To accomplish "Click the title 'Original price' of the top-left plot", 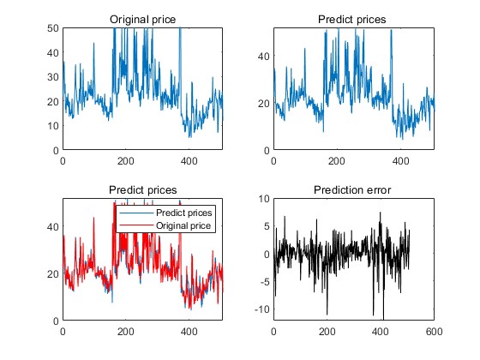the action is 142,20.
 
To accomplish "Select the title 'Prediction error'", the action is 352,190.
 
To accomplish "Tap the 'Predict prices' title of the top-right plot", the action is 351,20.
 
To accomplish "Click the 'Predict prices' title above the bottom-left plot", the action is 142,190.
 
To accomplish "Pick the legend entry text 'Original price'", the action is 183,226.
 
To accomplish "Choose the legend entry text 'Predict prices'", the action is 183,213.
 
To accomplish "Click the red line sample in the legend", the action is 136,225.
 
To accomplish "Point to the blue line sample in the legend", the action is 136,213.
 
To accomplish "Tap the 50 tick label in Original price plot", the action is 53,28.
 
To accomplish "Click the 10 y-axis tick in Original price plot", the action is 53,125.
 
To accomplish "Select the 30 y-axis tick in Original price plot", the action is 53,77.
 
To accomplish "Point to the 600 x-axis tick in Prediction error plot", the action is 434,332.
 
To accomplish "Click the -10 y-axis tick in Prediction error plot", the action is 262,309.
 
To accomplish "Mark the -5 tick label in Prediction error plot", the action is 265,282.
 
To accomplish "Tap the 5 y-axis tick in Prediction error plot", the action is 267,226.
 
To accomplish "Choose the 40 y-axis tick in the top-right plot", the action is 264,57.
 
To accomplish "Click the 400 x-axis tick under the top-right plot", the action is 400,161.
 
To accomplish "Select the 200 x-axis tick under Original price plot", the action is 125,161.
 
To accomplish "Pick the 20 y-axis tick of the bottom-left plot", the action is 53,274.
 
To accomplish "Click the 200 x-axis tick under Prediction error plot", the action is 327,332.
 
